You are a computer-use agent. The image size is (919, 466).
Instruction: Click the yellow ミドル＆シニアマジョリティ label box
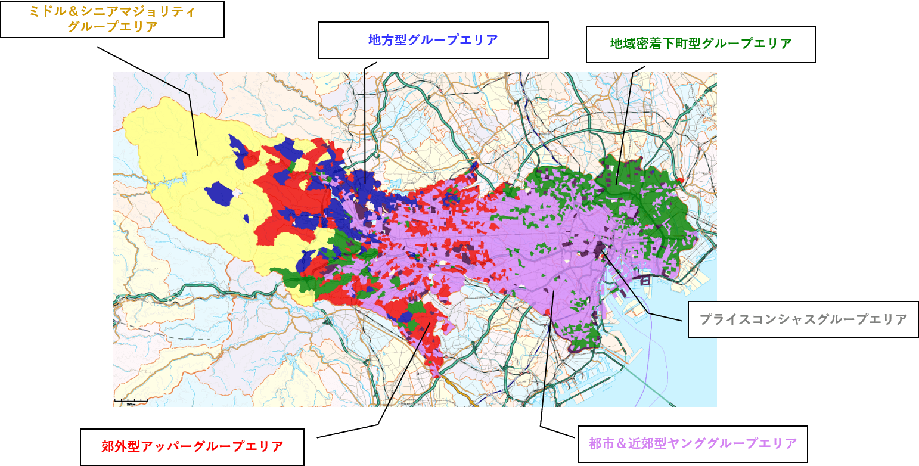pos(112,20)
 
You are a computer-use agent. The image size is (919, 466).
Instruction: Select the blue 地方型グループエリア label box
pos(433,41)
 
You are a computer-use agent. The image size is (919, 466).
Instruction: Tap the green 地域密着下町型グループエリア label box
pos(701,44)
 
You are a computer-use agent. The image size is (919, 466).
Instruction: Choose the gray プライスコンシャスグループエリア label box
pos(803,320)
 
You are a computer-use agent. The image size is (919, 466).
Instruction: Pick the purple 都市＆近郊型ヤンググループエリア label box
pos(693,444)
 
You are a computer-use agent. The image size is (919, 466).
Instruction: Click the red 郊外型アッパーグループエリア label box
pos(192,447)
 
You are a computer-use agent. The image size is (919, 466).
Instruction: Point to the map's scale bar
pos(131,400)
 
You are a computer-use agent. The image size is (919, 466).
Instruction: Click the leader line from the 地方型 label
pos(365,119)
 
